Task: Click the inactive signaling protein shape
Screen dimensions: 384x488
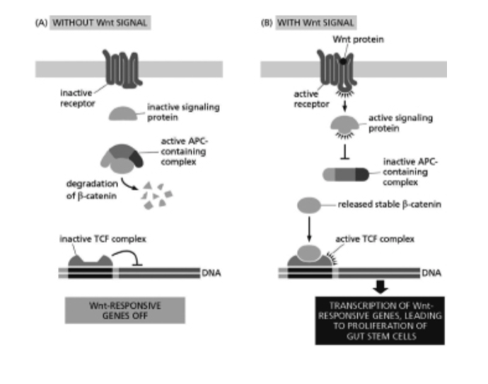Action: coord(125,113)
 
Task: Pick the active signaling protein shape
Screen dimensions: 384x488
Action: coord(347,125)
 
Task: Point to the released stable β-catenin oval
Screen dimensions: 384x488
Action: coord(312,206)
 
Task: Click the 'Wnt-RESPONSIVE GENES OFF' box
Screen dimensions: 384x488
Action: coord(124,310)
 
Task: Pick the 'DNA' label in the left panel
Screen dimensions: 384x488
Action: coord(211,272)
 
